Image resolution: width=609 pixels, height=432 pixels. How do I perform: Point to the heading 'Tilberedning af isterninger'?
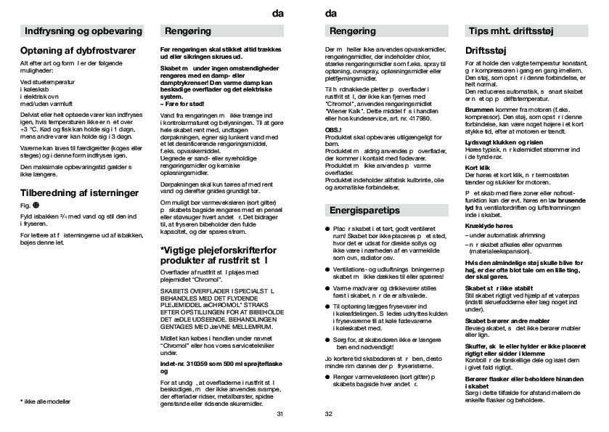tap(80, 194)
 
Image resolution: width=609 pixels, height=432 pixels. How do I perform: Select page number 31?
tap(279, 414)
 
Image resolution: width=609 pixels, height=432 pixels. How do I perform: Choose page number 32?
tap(328, 414)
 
